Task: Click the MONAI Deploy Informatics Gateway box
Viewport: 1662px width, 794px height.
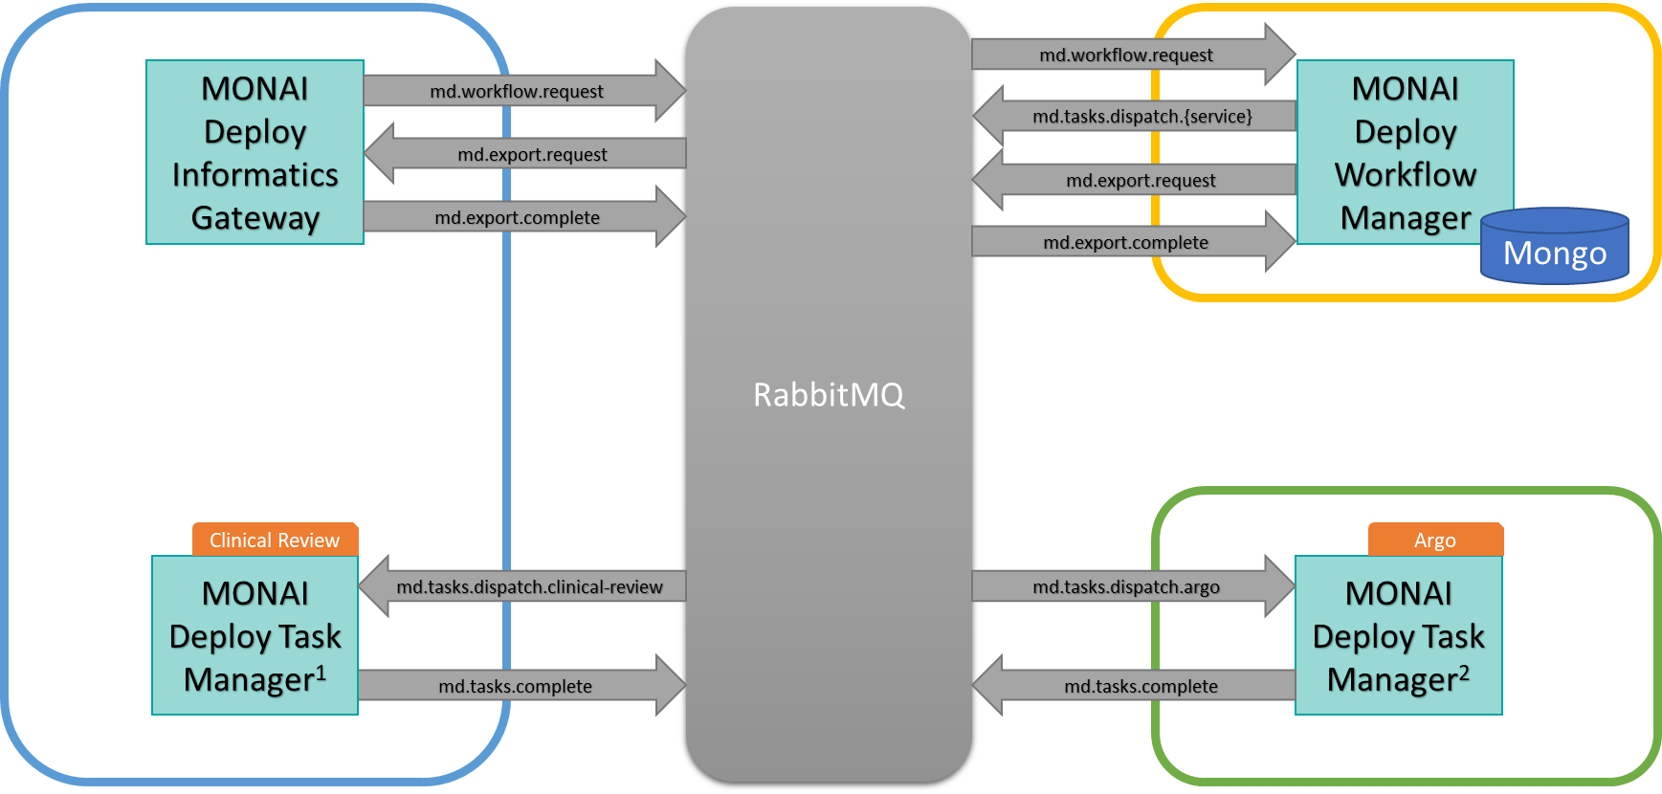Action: [x=255, y=152]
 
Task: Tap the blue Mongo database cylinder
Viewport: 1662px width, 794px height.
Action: [x=1554, y=251]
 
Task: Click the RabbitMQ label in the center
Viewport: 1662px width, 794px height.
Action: [x=829, y=395]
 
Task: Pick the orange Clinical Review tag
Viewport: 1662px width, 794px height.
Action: [x=275, y=540]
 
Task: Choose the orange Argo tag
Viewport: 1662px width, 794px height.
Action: [x=1434, y=540]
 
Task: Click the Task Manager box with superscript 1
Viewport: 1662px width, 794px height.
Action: [x=255, y=635]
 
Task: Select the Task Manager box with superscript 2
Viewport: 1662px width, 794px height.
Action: [x=1398, y=635]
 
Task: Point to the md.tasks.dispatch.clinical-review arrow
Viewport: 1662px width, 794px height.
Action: [x=529, y=586]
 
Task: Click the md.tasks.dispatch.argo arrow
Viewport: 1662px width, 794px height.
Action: [x=1126, y=586]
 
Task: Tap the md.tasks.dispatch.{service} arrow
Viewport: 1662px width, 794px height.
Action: [x=1141, y=117]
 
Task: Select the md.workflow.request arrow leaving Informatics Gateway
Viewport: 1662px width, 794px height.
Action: [x=517, y=91]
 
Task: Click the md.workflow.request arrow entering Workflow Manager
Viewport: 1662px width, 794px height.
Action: [x=1126, y=55]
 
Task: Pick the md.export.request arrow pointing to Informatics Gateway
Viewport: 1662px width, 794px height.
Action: [x=532, y=154]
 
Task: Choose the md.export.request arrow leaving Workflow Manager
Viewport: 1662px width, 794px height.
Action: [x=1141, y=180]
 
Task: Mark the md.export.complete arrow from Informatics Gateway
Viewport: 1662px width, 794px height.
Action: [x=517, y=217]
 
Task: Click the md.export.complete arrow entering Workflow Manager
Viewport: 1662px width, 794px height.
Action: [x=1126, y=242]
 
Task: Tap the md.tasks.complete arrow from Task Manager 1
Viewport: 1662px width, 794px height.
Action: [x=515, y=686]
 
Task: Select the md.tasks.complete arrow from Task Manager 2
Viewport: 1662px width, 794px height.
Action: [x=1141, y=686]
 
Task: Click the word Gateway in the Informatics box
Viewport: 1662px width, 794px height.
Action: [x=255, y=218]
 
